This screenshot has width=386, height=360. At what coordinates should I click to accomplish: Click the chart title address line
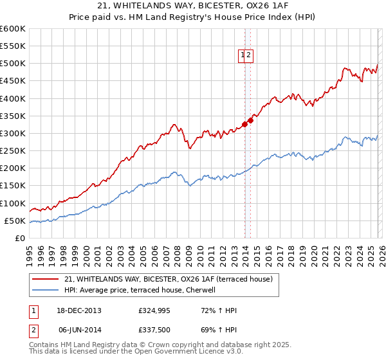pos(193,5)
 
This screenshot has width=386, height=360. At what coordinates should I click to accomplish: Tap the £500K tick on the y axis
pos(12,64)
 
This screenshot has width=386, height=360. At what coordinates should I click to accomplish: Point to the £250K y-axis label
pos(12,151)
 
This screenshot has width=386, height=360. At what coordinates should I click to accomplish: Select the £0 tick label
pos(19,239)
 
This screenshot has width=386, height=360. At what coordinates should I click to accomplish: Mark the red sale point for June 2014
pos(250,120)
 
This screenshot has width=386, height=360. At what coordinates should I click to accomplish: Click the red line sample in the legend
pos(45,279)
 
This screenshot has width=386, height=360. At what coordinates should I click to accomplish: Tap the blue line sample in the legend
pos(45,290)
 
